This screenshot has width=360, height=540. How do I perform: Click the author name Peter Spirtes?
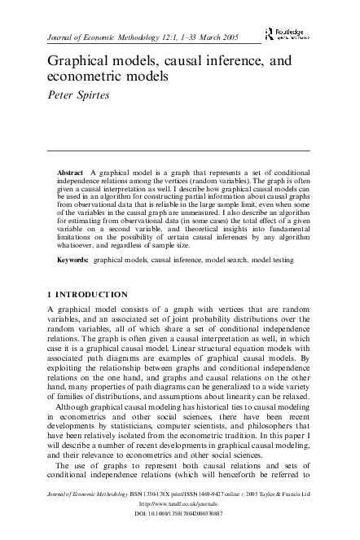point(80,94)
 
